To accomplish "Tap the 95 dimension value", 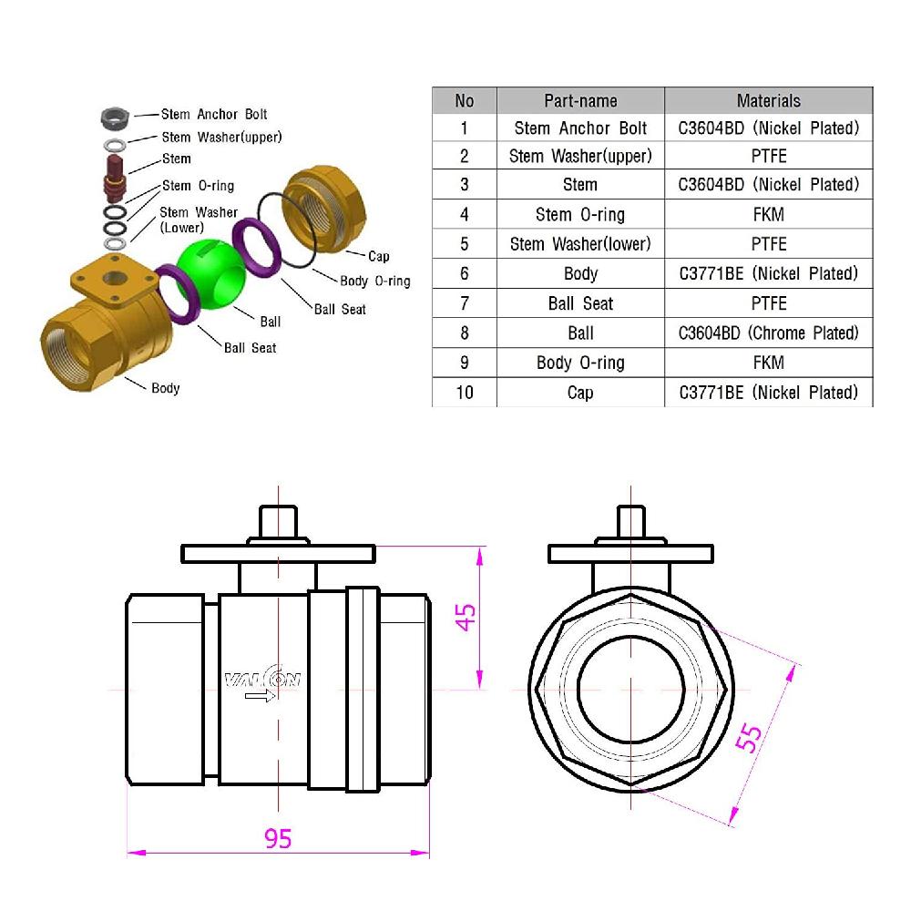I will (278, 838).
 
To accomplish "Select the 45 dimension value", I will (466, 618).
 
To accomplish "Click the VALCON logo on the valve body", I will (262, 679).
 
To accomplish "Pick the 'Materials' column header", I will (768, 100).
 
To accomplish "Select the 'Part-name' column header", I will (580, 100).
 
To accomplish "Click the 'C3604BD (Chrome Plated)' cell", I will (768, 333).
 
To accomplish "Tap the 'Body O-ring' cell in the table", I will (580, 363).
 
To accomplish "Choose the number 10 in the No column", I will (465, 393).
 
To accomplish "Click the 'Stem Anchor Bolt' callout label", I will (214, 114).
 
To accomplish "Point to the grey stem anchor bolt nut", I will (114, 117).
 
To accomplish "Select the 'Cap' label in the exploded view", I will (379, 256).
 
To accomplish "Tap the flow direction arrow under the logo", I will (260, 697).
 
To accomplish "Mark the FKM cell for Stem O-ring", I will (768, 214).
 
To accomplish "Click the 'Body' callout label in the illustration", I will (165, 388).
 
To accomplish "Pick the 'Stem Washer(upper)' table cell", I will (580, 156).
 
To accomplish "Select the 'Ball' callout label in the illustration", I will (270, 322).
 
